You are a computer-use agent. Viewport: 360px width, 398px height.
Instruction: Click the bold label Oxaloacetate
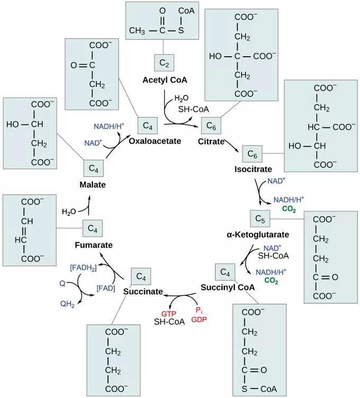click(x=155, y=141)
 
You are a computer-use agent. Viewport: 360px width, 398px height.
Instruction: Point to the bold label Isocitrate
click(x=253, y=169)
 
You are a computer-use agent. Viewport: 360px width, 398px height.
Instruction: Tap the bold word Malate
click(x=93, y=185)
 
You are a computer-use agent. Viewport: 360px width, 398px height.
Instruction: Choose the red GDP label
click(x=198, y=320)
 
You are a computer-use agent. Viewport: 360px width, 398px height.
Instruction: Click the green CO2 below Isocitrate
click(x=289, y=209)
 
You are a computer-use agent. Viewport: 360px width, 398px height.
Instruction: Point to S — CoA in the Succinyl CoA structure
click(x=259, y=386)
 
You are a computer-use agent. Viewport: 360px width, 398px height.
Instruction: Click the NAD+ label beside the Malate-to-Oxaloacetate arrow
click(x=93, y=143)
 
